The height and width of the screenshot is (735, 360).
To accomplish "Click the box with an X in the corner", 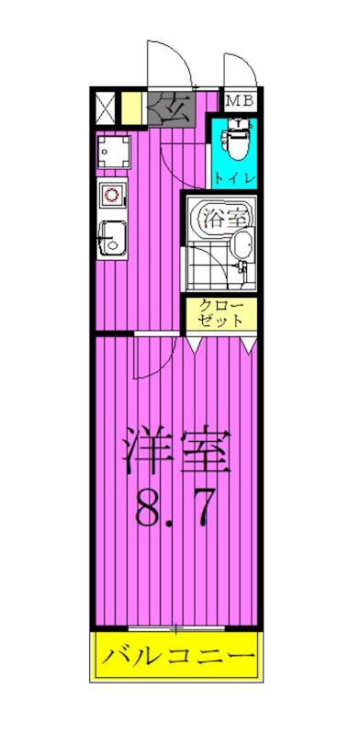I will pos(105,107).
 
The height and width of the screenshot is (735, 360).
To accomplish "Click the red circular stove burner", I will pos(111,195).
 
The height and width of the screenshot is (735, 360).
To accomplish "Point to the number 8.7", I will pos(173,508).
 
